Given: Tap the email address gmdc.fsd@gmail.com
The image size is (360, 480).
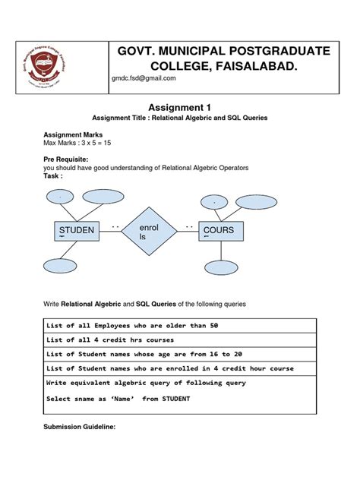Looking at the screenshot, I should click(x=144, y=78).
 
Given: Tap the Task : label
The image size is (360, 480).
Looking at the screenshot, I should click(x=55, y=176).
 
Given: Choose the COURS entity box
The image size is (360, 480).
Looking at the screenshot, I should click(x=219, y=231).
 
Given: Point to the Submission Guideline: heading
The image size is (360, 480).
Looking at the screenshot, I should click(x=83, y=427).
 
